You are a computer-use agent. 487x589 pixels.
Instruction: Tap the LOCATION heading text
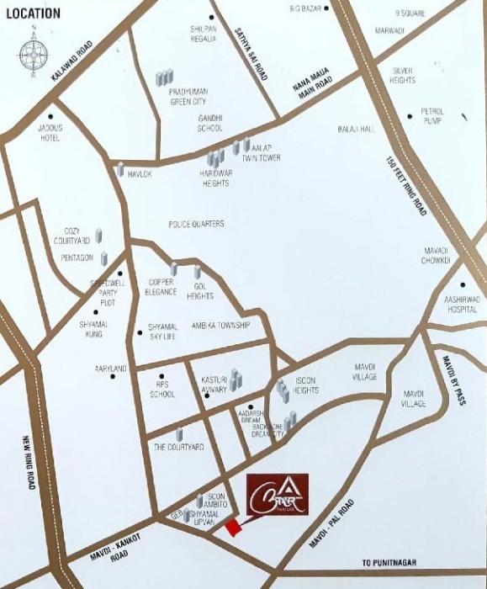31,13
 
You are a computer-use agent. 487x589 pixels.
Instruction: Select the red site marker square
231,528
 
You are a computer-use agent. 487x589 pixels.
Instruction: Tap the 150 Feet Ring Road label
406,187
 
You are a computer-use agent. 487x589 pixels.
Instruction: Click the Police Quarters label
196,224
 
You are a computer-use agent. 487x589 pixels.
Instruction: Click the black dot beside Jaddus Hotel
51,116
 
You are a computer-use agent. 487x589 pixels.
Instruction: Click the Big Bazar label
306,8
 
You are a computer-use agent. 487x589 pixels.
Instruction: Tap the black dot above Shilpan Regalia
212,17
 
